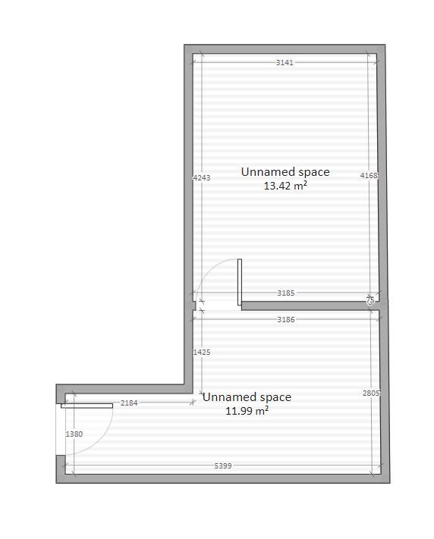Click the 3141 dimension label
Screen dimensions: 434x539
pyautogui.click(x=285, y=63)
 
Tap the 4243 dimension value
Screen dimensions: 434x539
pyautogui.click(x=202, y=177)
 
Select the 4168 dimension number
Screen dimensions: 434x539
pyautogui.click(x=369, y=176)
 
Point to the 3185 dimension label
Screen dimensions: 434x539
pyautogui.click(x=285, y=293)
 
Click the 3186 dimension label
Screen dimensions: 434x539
pyautogui.click(x=285, y=319)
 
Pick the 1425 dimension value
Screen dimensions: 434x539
pyautogui.click(x=202, y=352)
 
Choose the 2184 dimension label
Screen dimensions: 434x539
pyautogui.click(x=129, y=403)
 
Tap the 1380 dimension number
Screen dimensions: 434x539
pyautogui.click(x=74, y=434)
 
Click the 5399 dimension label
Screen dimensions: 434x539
pyautogui.click(x=223, y=465)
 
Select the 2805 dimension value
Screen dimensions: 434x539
pyautogui.click(x=371, y=393)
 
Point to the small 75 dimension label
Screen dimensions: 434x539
pyautogui.click(x=370, y=300)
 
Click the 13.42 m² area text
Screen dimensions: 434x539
pyautogui.click(x=285, y=186)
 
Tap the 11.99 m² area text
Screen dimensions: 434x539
pyautogui.click(x=247, y=411)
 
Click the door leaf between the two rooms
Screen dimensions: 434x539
pyautogui.click(x=240, y=282)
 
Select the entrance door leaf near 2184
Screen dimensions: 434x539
pyautogui.click(x=86, y=406)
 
